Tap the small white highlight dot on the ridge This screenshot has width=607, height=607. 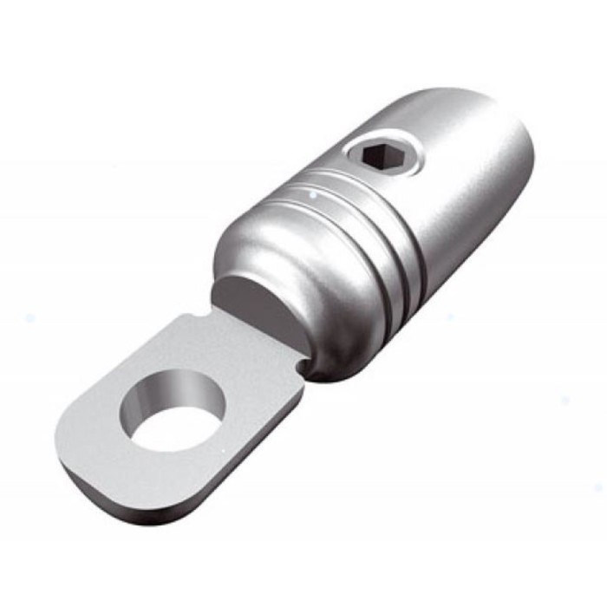tap(305, 200)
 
